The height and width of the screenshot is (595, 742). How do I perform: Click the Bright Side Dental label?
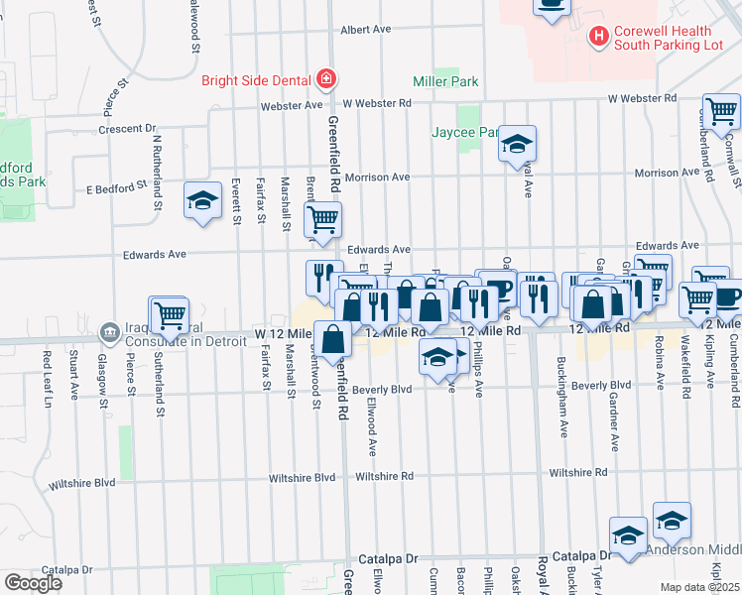258,80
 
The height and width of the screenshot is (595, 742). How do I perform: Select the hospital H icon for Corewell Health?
599,38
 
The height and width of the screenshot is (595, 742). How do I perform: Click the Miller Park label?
445,81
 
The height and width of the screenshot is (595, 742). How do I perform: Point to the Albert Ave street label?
368,31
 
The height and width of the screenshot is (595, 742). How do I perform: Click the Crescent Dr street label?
128,129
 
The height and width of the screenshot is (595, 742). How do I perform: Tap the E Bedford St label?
115,184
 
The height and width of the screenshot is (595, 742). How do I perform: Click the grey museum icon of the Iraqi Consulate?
104,336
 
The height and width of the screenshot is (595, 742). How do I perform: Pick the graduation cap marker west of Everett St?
202,202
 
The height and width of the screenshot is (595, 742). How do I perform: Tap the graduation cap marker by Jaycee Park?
516,145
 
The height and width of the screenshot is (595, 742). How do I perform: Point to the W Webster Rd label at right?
642,98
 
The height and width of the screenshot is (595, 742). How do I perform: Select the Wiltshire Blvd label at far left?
81,484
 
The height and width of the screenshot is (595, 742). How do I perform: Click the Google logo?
33,583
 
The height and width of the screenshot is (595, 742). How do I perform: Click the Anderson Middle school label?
693,550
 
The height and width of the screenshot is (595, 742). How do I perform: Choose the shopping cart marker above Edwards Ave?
321,221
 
